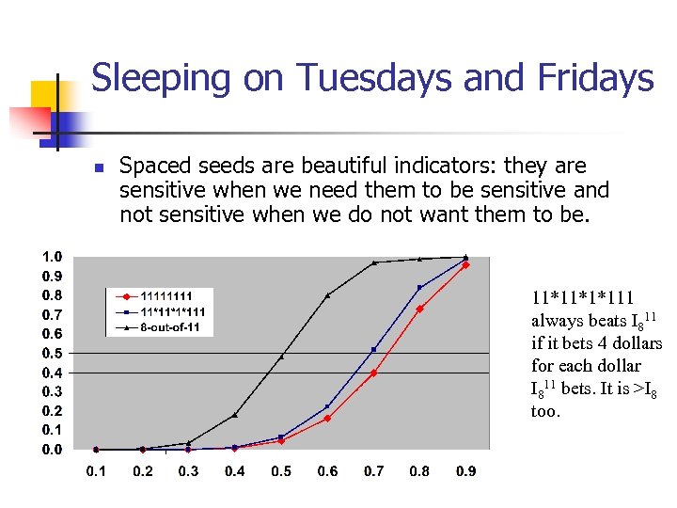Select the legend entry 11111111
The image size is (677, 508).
point(165,295)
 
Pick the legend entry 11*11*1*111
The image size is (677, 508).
point(173,311)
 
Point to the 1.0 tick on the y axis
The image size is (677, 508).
point(52,257)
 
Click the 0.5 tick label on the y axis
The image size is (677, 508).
point(52,353)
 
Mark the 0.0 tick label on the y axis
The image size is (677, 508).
point(52,450)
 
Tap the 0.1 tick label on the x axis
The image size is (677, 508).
point(96,471)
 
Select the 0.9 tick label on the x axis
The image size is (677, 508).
point(466,471)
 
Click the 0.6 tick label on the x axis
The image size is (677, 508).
point(327,471)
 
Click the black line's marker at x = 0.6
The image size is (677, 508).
point(327,295)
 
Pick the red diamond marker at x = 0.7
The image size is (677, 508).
point(373,373)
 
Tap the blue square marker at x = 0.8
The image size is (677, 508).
point(419,288)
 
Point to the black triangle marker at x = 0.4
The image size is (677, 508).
point(235,415)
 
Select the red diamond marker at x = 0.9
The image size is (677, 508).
point(465,265)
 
